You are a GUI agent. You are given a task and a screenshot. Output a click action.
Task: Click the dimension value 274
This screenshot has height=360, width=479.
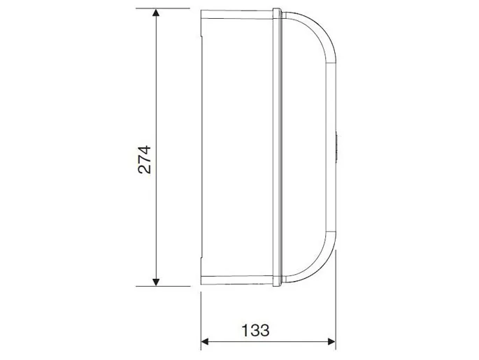click(x=145, y=159)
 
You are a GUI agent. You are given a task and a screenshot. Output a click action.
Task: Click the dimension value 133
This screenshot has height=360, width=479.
click(x=255, y=330)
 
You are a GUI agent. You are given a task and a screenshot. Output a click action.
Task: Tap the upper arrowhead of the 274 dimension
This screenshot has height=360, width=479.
click(x=156, y=13)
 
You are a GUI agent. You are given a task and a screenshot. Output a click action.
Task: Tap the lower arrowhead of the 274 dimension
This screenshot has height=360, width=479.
click(x=156, y=282)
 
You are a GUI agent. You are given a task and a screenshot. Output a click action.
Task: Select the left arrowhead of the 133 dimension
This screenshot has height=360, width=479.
click(x=205, y=341)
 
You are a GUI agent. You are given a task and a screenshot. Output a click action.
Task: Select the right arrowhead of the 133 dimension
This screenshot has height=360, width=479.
click(x=331, y=341)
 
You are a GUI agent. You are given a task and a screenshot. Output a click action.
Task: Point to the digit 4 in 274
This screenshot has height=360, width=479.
click(x=145, y=150)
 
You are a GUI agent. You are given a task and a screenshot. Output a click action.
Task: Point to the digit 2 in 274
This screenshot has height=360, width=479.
click(x=145, y=169)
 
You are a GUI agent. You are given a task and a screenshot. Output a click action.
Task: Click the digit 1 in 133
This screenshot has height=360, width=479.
click(x=245, y=330)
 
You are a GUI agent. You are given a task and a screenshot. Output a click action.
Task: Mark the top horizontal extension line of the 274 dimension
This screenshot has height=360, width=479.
click(x=163, y=8)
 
